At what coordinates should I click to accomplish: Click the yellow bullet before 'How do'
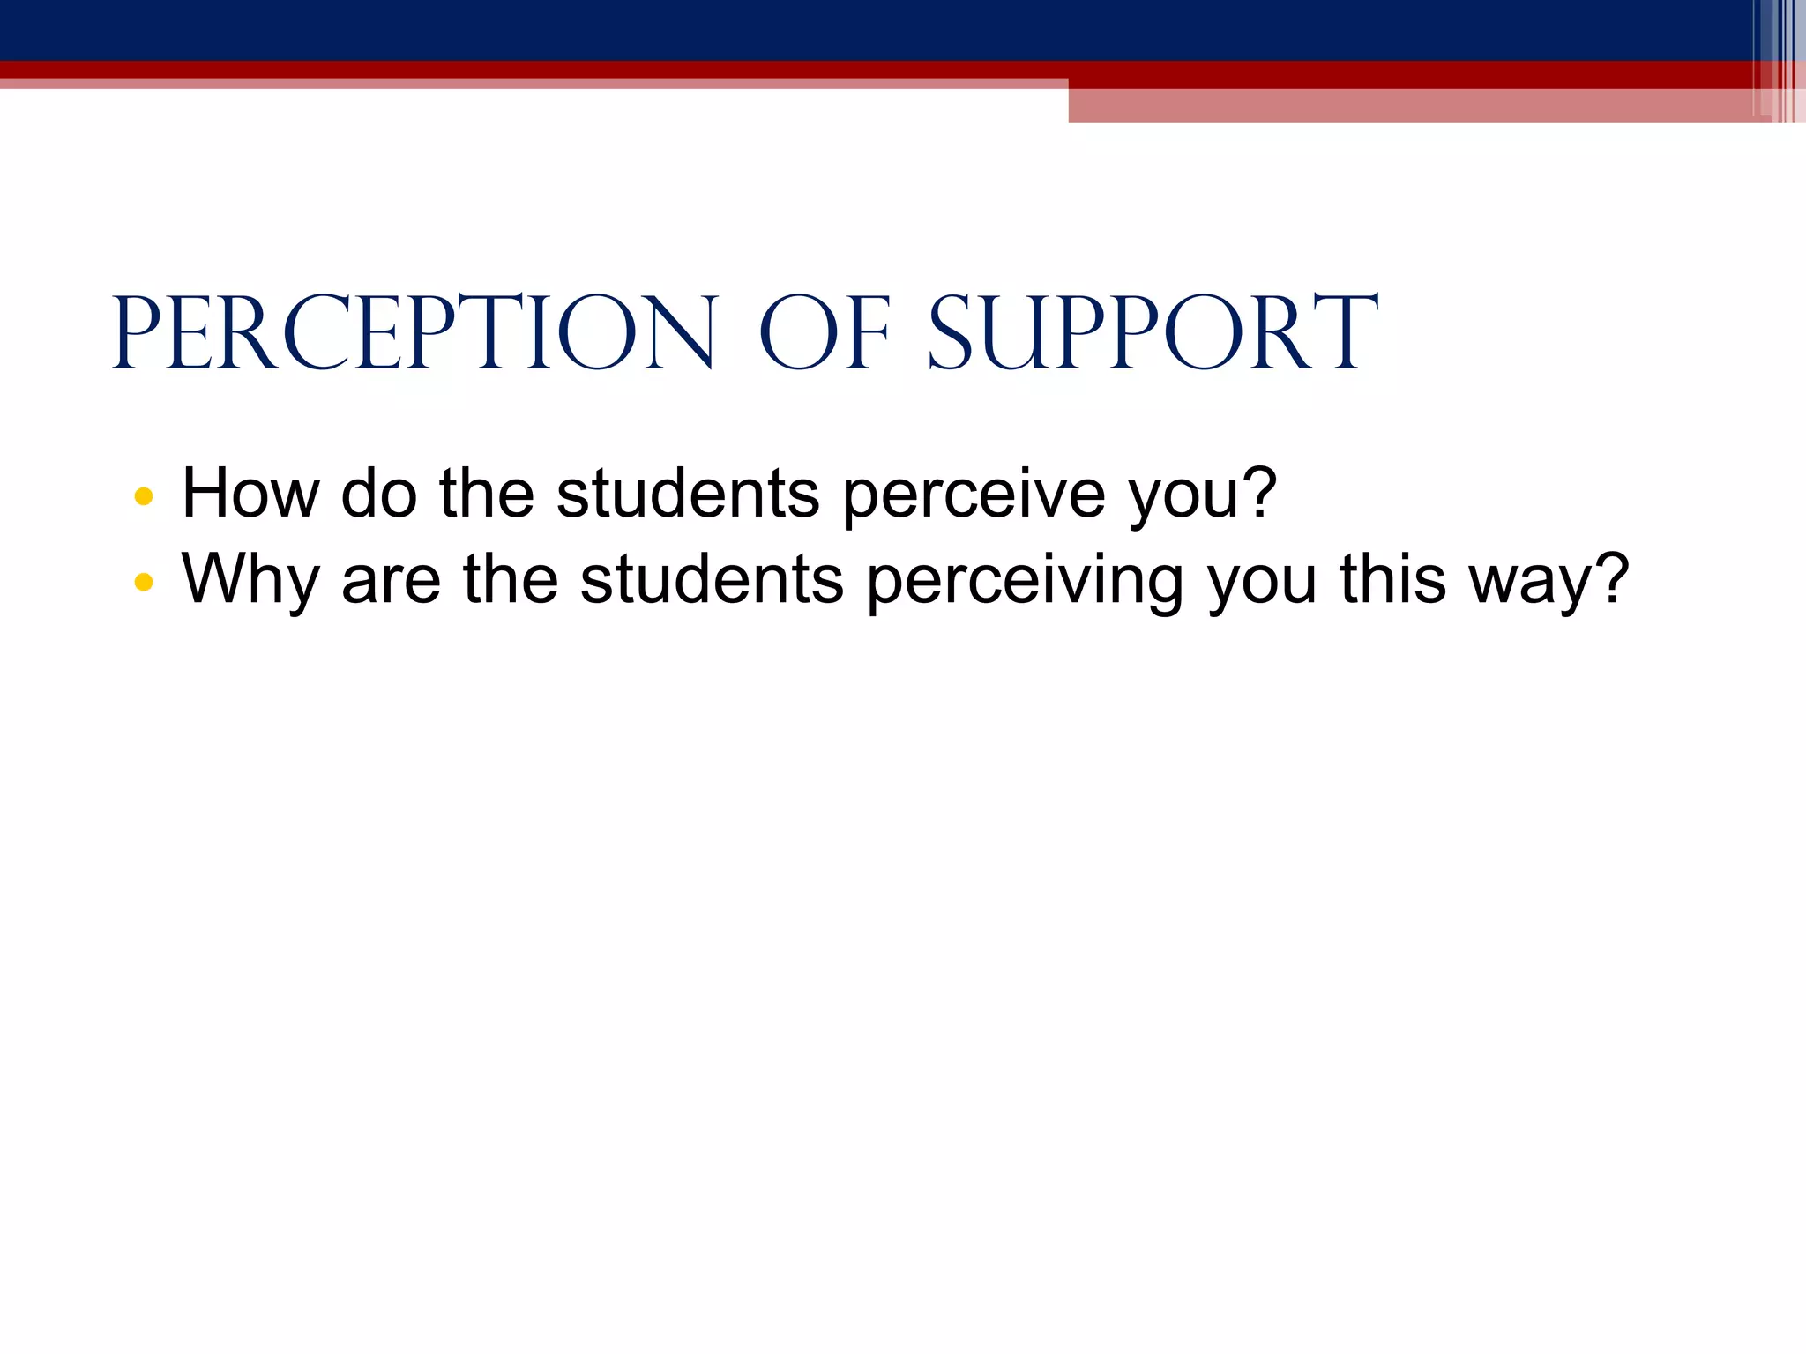(144, 496)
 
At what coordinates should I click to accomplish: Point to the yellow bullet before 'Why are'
(144, 582)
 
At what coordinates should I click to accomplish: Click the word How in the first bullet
(250, 493)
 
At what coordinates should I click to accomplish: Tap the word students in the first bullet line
(688, 493)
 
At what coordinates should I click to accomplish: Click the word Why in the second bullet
(250, 580)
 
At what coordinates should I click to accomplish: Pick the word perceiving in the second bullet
(1024, 580)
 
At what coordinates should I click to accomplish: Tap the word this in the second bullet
(1392, 578)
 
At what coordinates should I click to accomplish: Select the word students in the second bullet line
(712, 578)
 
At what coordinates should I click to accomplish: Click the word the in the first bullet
(487, 493)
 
